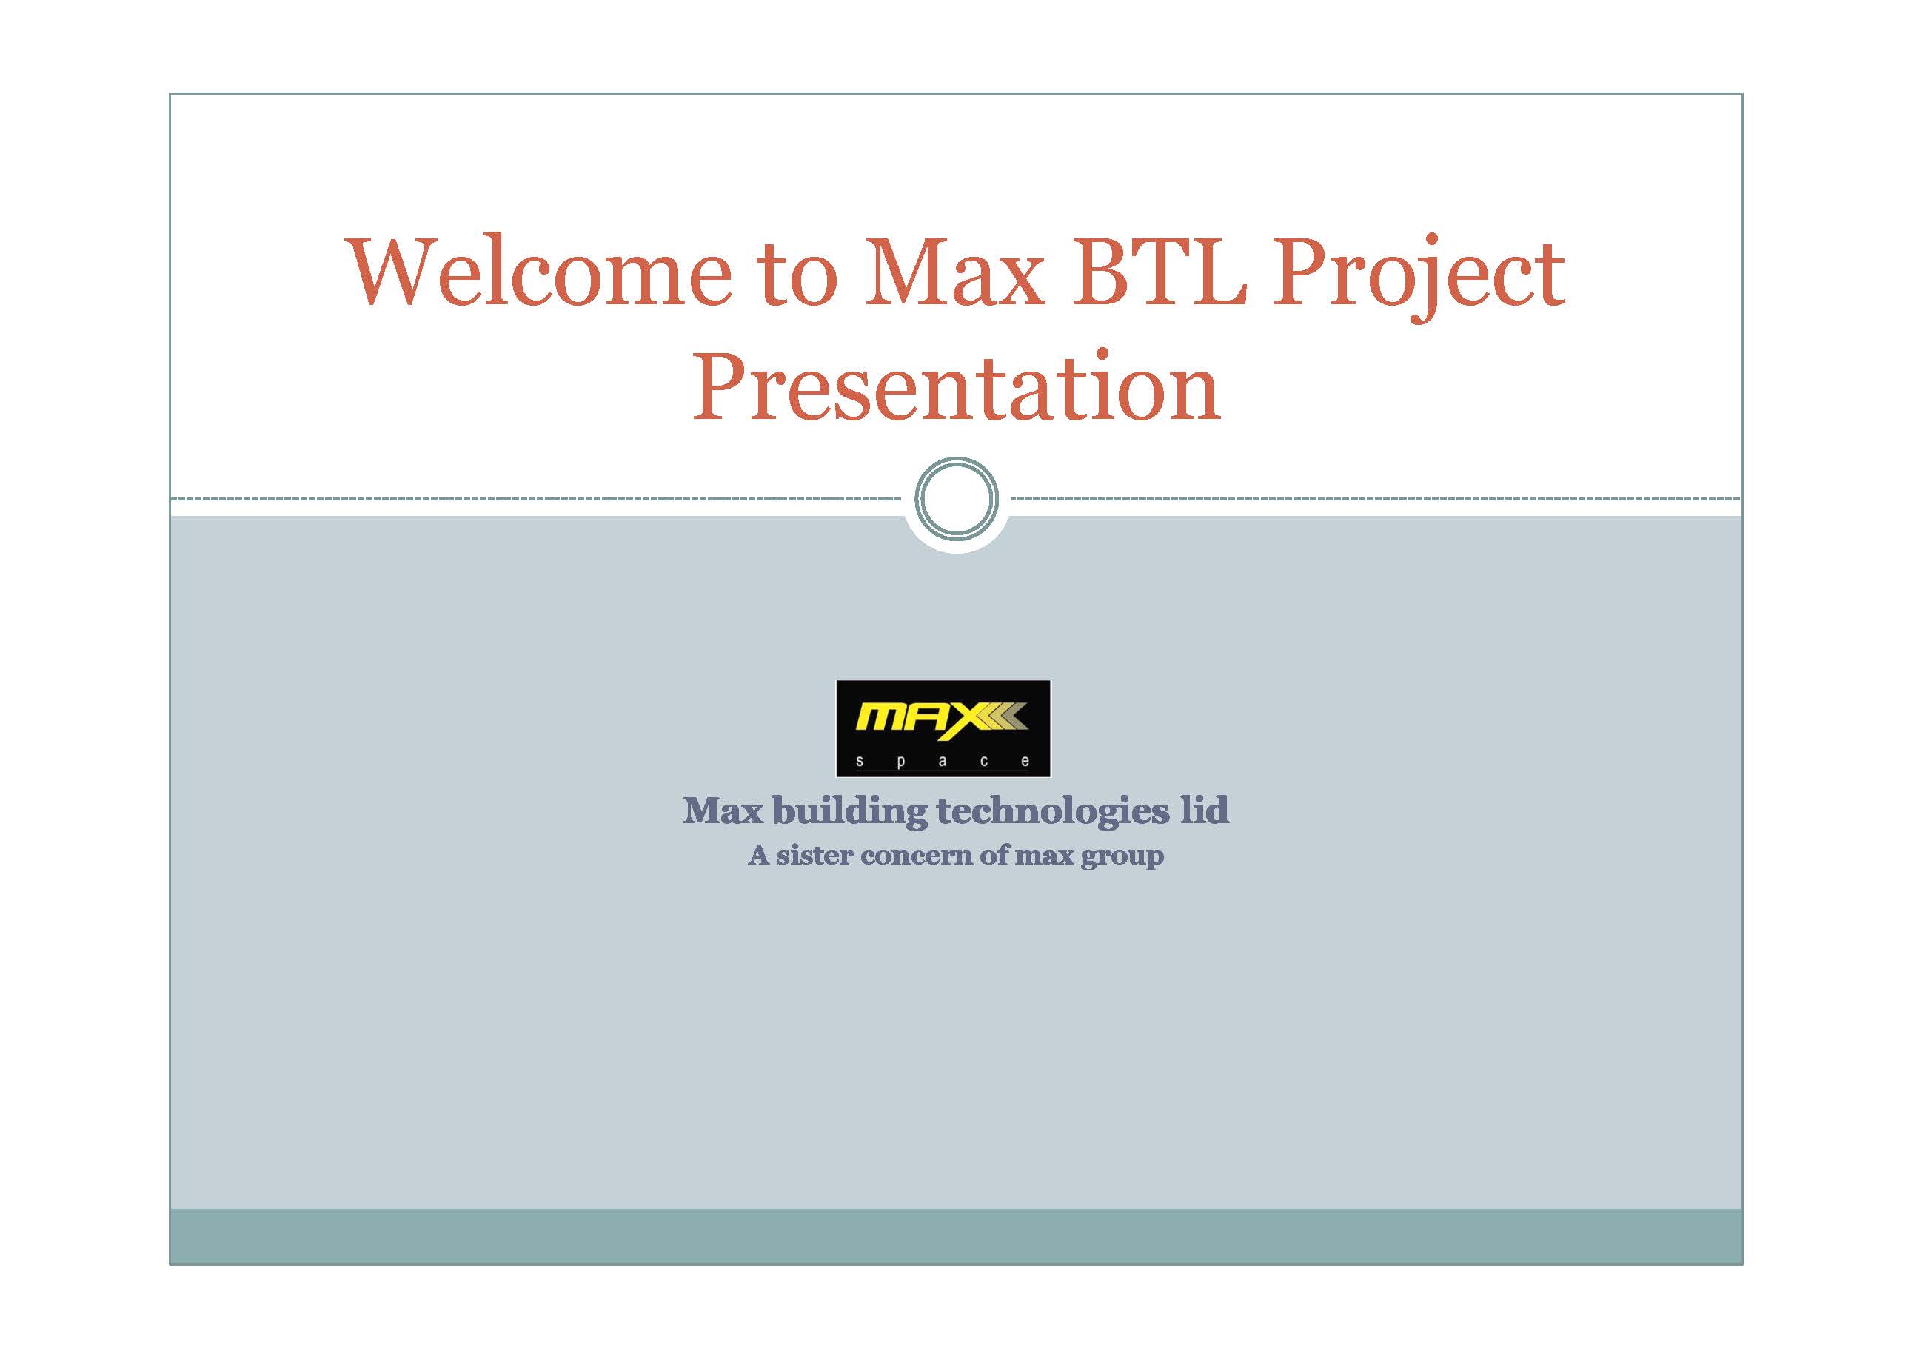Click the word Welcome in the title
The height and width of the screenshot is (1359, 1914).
point(539,271)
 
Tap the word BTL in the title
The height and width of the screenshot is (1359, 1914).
point(1160,271)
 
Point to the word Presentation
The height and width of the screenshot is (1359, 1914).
point(956,386)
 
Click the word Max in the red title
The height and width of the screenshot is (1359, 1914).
point(954,271)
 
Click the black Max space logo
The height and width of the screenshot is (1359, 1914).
point(943,728)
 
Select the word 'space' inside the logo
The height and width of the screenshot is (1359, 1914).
point(943,762)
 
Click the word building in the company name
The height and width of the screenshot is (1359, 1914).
point(849,811)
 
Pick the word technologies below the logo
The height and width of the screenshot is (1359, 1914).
point(1052,811)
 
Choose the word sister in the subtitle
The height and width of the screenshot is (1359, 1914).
point(814,855)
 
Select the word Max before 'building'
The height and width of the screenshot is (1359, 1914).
point(723,810)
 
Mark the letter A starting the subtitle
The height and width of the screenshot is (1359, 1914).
point(758,855)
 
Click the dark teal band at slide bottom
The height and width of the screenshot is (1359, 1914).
point(956,1236)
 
